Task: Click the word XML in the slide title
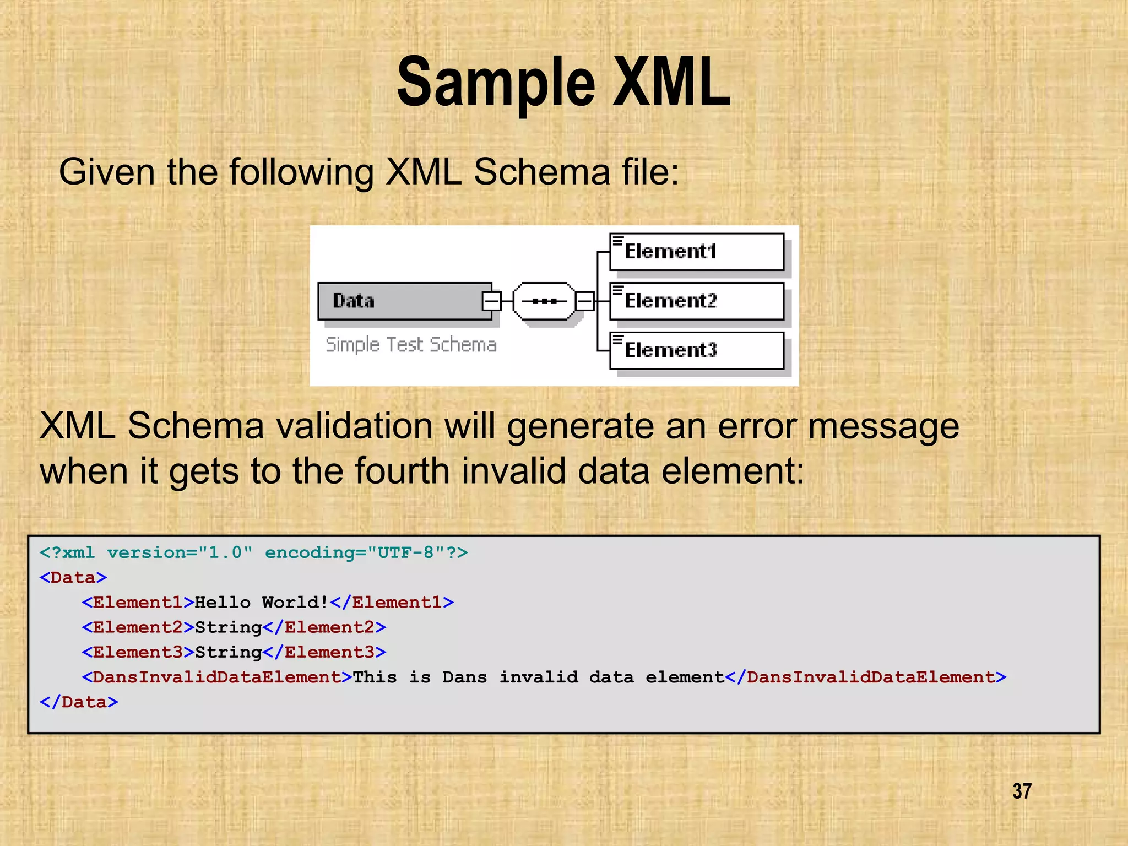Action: click(x=672, y=83)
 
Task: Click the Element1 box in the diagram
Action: click(x=696, y=252)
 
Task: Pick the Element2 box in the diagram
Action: click(x=696, y=301)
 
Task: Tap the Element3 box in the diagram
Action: click(x=696, y=350)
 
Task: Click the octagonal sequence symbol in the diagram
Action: click(x=544, y=301)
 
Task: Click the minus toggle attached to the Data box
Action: click(x=491, y=301)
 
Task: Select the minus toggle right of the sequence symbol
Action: click(x=584, y=301)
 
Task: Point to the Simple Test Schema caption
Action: click(x=411, y=345)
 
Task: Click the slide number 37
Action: click(x=1022, y=791)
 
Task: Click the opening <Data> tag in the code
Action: click(x=73, y=577)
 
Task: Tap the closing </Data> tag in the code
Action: click(x=79, y=702)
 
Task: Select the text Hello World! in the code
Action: click(x=262, y=602)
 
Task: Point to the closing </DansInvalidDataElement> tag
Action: click(x=866, y=677)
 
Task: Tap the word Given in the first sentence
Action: click(x=107, y=172)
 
